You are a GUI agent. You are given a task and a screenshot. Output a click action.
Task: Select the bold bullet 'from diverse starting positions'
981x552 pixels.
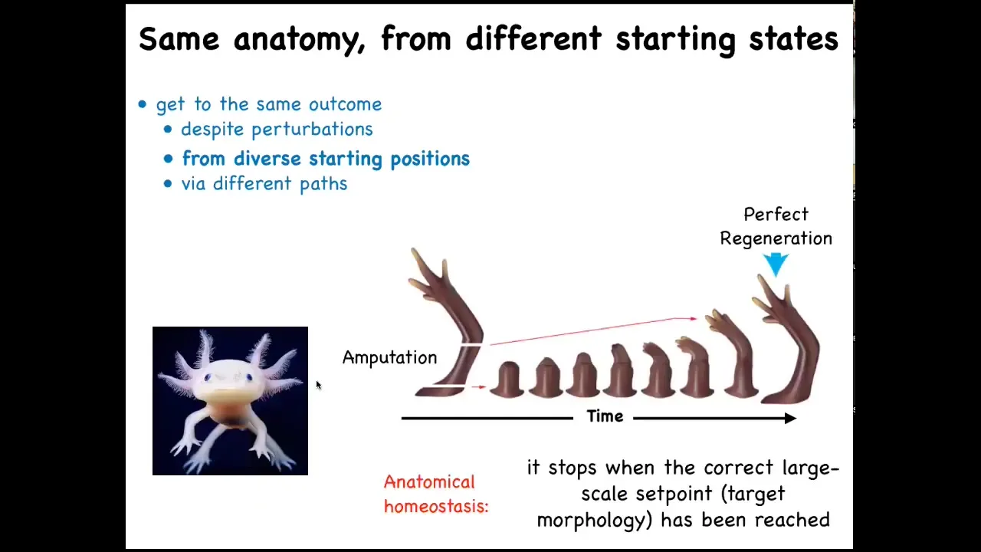pyautogui.click(x=326, y=159)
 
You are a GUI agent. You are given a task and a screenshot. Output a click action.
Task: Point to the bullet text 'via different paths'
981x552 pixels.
pyautogui.click(x=264, y=183)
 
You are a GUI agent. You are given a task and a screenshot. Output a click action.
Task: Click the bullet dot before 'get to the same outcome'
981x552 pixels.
pyautogui.click(x=143, y=104)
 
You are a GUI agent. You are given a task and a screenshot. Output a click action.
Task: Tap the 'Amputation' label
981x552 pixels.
pyautogui.click(x=390, y=357)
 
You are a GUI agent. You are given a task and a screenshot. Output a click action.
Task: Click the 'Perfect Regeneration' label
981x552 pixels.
pyautogui.click(x=776, y=226)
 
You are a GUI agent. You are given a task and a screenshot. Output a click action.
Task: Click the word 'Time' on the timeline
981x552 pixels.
pyautogui.click(x=605, y=416)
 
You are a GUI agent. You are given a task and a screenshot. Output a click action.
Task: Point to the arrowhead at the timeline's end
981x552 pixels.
pyautogui.click(x=790, y=419)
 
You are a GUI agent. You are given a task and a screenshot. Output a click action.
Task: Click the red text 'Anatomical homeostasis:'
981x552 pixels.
pyautogui.click(x=436, y=495)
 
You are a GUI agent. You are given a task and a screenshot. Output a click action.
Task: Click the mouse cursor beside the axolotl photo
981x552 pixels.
pyautogui.click(x=318, y=385)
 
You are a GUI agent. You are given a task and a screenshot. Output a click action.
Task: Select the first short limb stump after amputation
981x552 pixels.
pyautogui.click(x=507, y=379)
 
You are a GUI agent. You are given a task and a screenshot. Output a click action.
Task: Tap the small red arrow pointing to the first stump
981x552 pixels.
pyautogui.click(x=479, y=387)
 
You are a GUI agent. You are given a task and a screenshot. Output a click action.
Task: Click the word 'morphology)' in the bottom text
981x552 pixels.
pyautogui.click(x=595, y=521)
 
